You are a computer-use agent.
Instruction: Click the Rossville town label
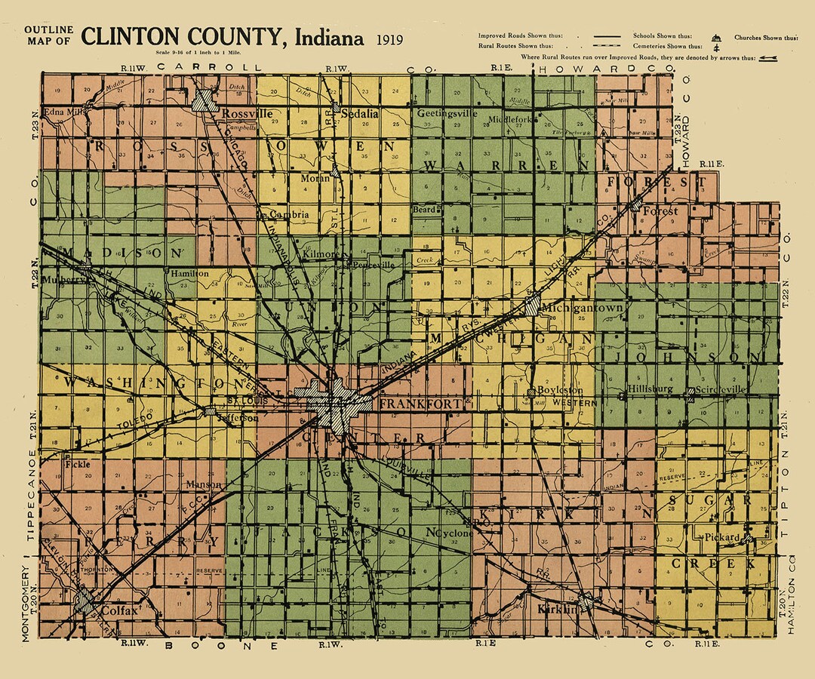[x=246, y=114]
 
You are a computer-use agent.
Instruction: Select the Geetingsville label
[x=447, y=114]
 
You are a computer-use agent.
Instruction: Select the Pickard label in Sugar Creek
[x=722, y=538]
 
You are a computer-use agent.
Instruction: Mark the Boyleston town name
[x=560, y=391]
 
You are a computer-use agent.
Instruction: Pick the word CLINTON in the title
[x=129, y=36]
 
